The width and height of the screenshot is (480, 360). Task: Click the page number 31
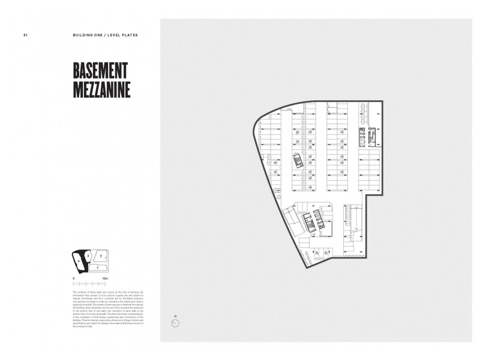[x=25, y=35]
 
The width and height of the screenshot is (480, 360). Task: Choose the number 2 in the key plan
[x=101, y=256]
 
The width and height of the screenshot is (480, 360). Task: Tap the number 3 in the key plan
[x=88, y=256]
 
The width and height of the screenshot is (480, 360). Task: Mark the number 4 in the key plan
[x=79, y=261]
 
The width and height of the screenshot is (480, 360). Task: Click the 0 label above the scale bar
[x=73, y=278]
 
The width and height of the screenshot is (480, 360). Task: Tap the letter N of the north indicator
[x=175, y=316]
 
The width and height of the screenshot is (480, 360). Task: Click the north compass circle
[x=175, y=323]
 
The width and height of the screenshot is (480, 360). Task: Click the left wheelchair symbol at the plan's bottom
[x=317, y=253]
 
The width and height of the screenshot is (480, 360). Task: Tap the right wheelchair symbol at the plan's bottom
[x=326, y=253]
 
